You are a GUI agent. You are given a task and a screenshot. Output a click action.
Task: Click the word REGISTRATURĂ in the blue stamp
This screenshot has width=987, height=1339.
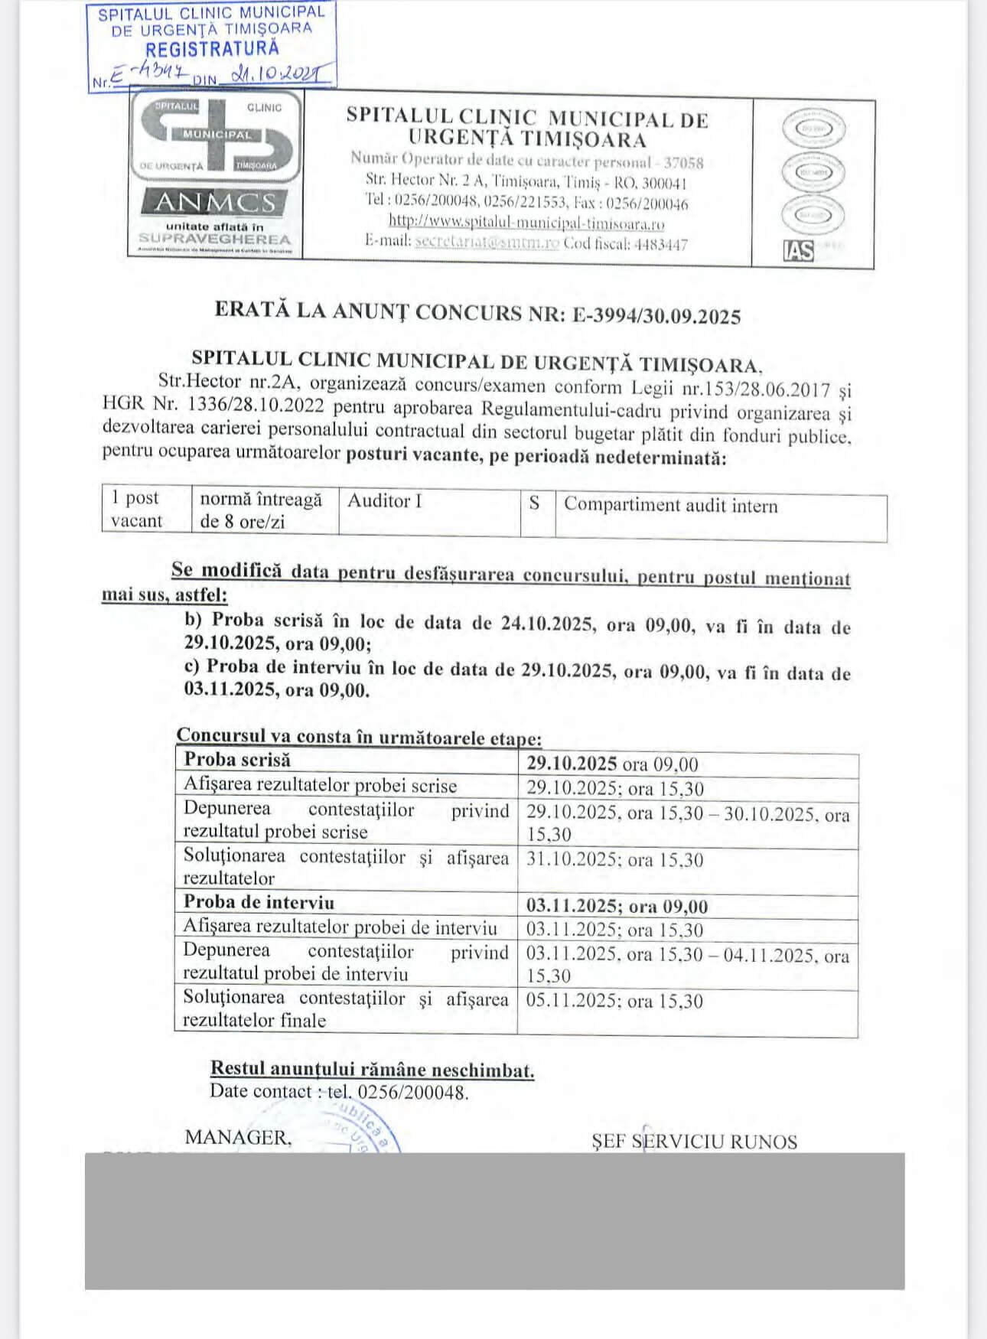pos(212,50)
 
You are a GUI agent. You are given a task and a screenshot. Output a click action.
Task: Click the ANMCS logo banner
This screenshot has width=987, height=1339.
pos(215,202)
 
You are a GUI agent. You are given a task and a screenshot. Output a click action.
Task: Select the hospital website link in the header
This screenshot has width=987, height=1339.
pos(526,223)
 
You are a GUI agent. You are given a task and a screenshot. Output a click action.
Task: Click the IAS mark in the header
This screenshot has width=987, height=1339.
pos(797,251)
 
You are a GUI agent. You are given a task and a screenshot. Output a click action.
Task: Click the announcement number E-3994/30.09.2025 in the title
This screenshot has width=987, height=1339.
pos(656,316)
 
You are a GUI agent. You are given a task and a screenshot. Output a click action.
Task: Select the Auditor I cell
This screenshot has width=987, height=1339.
pos(384,501)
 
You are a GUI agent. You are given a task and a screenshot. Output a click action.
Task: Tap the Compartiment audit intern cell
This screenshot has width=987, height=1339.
pos(670,506)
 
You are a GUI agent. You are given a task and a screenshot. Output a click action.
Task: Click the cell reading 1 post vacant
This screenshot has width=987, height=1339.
pos(136,509)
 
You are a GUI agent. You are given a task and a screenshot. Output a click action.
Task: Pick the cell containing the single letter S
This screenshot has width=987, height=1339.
pos(535,503)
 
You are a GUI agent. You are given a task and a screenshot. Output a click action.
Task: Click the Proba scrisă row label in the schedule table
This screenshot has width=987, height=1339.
pos(237,760)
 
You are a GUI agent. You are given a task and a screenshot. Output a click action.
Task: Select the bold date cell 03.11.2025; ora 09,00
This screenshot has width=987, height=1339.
pos(617,907)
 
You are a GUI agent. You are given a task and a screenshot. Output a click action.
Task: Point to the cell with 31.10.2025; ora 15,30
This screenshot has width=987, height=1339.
pos(614,860)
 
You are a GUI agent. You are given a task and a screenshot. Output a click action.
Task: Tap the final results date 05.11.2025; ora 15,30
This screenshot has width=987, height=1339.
pos(614,1001)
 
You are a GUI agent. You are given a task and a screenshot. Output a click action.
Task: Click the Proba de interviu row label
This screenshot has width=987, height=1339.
pos(259,902)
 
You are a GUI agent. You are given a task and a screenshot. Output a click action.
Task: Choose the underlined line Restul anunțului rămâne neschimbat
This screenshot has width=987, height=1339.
pos(372,1070)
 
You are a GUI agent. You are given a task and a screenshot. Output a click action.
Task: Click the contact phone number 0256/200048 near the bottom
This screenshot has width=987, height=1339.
pos(412,1092)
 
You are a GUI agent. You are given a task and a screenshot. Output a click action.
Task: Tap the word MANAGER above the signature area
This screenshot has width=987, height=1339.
pos(238,1138)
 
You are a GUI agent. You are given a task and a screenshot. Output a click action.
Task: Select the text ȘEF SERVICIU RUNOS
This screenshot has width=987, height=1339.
pos(694,1142)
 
